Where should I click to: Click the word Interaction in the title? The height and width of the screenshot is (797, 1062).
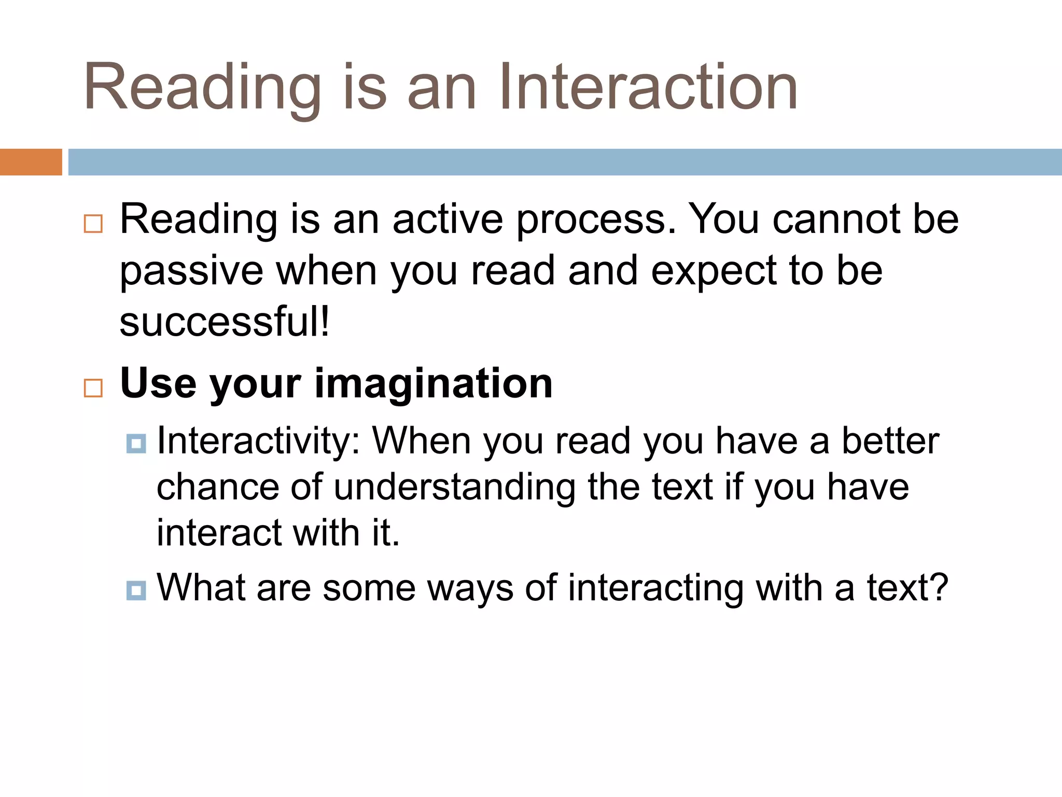(x=648, y=87)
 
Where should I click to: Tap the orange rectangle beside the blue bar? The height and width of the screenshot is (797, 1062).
(x=31, y=162)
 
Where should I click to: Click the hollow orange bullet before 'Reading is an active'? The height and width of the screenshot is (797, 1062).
(x=93, y=224)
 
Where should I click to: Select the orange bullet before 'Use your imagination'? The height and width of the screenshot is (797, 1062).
(x=93, y=388)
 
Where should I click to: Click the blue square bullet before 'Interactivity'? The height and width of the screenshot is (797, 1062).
(x=136, y=444)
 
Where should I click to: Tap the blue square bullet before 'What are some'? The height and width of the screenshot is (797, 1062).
(x=136, y=590)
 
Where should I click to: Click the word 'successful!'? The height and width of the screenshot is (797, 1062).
(x=225, y=322)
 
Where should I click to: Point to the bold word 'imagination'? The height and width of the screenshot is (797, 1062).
(x=434, y=383)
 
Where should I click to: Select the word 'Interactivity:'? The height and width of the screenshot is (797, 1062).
(x=258, y=441)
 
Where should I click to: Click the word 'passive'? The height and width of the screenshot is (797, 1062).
(x=191, y=272)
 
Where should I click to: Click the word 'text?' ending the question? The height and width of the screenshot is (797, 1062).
(x=907, y=588)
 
